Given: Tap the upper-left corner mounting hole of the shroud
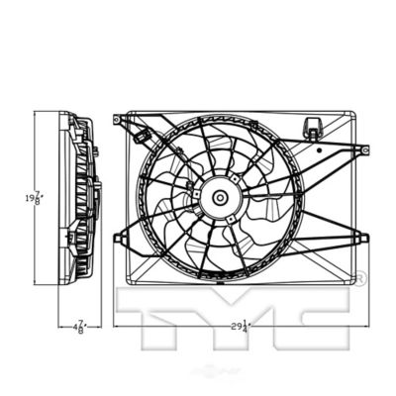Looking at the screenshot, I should [116, 120].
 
